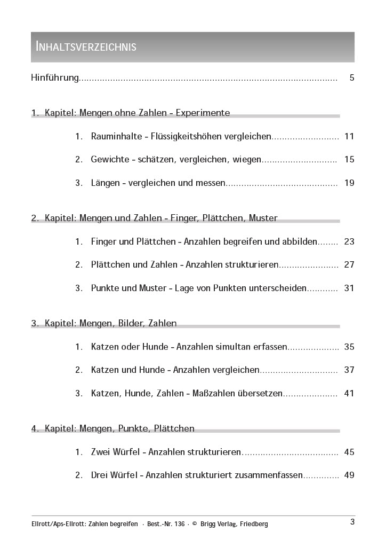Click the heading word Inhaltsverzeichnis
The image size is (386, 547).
86,46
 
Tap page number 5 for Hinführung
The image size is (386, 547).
352,78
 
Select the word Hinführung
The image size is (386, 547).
55,78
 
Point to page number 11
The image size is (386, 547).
349,136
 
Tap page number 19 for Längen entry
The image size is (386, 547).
349,183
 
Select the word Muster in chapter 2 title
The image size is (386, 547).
263,218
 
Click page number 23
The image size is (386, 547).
349,241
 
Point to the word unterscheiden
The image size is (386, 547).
278,288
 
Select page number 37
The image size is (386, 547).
349,370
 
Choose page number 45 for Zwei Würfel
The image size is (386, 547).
349,452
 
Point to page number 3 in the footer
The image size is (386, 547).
352,522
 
